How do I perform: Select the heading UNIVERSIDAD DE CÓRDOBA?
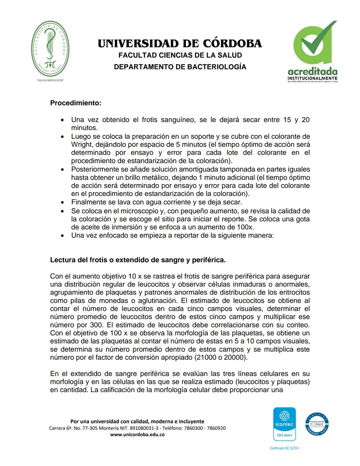(180, 44)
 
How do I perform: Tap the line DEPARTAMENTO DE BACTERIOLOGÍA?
(180, 67)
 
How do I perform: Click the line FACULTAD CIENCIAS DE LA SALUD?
(180, 55)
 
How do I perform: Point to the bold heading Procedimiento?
(75, 103)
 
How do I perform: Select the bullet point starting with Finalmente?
(156, 202)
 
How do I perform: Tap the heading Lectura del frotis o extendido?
(138, 260)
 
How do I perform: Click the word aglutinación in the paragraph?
(158, 301)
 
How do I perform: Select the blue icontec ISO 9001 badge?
(284, 424)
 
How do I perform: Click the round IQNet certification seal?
(317, 424)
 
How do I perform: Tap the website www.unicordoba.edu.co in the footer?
(137, 435)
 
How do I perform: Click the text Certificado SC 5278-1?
(284, 448)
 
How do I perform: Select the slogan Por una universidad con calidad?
(137, 422)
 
